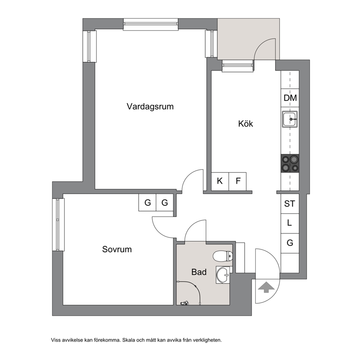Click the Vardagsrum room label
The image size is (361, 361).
[150, 107]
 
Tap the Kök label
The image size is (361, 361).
[245, 124]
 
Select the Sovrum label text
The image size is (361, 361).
[117, 249]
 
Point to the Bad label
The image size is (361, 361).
[199, 272]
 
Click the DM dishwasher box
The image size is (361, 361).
[290, 98]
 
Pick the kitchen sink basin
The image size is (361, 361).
[290, 119]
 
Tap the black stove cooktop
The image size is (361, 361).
[290, 163]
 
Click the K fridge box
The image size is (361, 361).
[220, 182]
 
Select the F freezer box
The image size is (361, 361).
[238, 182]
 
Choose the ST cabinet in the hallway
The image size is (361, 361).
[290, 204]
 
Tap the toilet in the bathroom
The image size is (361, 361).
[223, 256]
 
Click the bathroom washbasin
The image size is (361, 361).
[223, 275]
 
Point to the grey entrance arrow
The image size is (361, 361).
[266, 287]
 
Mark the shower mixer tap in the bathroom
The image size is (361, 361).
[185, 303]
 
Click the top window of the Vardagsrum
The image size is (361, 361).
[151, 24]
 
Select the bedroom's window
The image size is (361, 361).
[58, 225]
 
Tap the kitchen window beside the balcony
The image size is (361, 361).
[238, 66]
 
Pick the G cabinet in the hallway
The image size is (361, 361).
[290, 243]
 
